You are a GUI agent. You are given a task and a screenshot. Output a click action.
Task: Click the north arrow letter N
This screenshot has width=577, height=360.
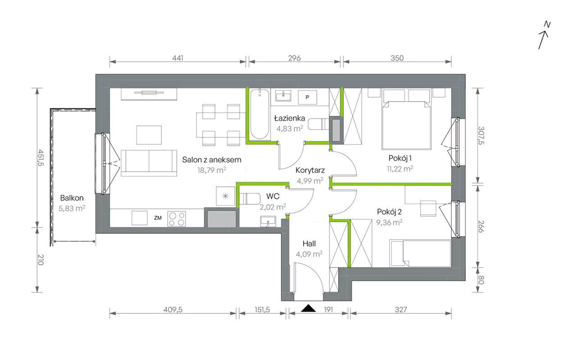point(547,25)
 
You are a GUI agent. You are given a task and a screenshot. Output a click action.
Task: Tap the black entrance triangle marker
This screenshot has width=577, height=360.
point(308,308)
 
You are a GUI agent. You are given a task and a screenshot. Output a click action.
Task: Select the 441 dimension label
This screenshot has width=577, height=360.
point(178,58)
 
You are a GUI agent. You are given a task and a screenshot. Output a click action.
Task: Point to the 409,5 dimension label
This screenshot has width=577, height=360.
point(173,309)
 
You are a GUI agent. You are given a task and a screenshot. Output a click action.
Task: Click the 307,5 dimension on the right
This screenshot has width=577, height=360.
point(481,135)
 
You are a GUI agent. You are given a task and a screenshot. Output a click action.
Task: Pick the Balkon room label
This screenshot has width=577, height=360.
point(72,198)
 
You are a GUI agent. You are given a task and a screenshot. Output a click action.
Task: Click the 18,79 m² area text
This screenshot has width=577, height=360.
point(212,170)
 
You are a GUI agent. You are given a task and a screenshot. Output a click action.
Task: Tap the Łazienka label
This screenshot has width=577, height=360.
point(289,118)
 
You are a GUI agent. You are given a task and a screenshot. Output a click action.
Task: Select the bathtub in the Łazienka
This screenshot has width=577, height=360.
point(260,114)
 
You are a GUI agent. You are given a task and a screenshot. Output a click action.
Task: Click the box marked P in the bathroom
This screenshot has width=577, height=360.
point(307,97)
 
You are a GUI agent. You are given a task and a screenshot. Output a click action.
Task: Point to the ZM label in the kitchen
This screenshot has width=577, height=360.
point(158,218)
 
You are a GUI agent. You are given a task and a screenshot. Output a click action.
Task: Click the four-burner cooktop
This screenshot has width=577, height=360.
point(176,219)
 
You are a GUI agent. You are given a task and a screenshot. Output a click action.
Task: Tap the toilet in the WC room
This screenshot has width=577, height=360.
point(250,199)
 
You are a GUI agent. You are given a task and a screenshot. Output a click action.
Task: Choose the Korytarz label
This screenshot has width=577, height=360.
point(310,170)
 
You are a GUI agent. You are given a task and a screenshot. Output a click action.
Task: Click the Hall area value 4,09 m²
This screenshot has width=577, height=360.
point(309,254)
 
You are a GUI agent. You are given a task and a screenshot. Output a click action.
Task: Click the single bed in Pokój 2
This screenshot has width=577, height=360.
point(421,254)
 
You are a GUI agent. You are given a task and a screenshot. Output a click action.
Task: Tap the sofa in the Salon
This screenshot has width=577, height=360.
point(149,163)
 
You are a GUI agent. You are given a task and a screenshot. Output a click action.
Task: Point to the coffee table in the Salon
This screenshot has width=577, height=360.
point(149,135)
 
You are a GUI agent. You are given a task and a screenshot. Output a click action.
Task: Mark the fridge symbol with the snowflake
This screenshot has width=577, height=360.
point(226,196)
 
